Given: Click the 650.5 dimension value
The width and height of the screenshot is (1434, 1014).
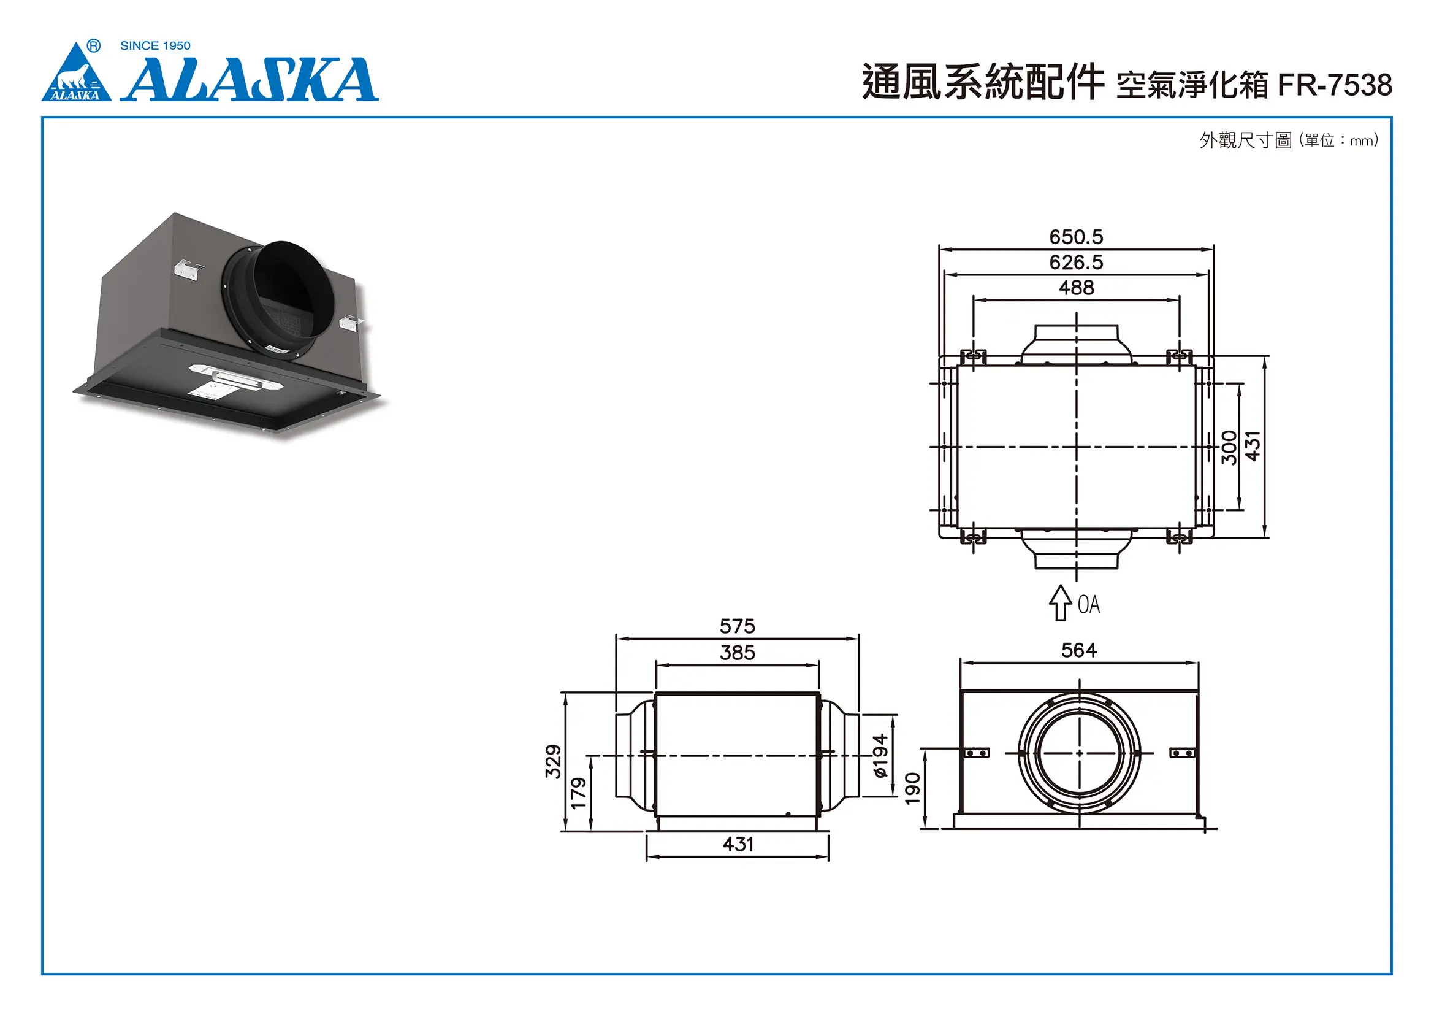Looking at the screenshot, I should tap(1075, 237).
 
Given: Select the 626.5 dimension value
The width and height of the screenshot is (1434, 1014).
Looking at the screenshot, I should tap(1075, 263).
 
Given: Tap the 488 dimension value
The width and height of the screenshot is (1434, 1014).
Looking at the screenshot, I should tap(1076, 288).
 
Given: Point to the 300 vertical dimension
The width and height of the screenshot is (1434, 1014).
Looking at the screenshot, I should tap(1229, 447).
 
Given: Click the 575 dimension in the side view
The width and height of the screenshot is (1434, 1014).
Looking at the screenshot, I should tap(737, 626).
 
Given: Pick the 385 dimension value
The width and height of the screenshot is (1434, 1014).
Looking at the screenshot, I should tap(737, 653).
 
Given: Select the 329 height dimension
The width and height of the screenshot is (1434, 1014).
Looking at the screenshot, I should tap(554, 761).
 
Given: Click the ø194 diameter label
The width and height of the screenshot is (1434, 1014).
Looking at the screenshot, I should tap(880, 756).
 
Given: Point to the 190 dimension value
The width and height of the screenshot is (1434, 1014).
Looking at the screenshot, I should tap(912, 788).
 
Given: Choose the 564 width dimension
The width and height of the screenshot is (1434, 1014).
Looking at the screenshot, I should tap(1078, 650).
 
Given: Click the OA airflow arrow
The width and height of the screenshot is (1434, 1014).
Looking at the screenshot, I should tap(1059, 603).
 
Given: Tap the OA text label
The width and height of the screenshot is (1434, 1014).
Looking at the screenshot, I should tap(1089, 604).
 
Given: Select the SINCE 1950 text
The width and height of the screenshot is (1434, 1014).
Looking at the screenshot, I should tap(155, 45).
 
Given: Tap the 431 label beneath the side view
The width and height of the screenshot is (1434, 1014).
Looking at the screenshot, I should tap(738, 845).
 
